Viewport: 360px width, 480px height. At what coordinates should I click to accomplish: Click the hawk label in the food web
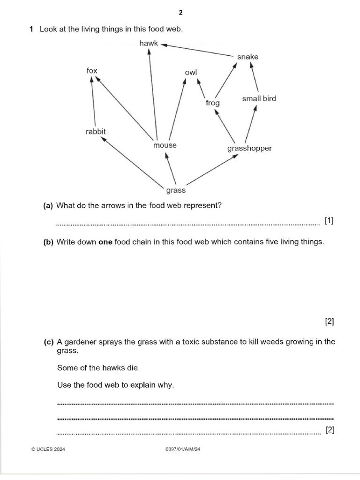pos(149,43)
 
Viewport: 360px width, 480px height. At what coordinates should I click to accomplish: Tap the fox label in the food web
pos(92,71)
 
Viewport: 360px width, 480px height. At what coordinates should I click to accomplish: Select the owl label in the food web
pos(191,72)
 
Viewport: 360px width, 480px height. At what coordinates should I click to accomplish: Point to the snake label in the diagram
pos(247,57)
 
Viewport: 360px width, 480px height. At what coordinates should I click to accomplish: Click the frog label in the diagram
pos(212,103)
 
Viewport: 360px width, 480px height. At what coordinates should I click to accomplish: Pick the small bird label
pos(259,98)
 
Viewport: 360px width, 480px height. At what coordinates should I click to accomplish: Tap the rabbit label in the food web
pos(96,132)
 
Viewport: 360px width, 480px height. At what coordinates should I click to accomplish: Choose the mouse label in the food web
pos(165,145)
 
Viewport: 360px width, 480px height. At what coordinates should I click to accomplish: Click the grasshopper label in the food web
pos(249,149)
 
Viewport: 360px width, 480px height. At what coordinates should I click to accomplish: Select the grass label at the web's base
pos(176,190)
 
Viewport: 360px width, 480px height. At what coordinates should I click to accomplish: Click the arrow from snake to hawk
pos(197,51)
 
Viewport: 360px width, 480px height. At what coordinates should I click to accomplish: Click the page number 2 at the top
pos(180,12)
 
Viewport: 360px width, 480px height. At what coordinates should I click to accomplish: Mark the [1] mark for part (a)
pos(329,220)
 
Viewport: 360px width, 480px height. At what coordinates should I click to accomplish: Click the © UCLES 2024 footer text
pos(48,450)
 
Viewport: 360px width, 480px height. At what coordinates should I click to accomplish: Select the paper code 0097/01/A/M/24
pos(183,450)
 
